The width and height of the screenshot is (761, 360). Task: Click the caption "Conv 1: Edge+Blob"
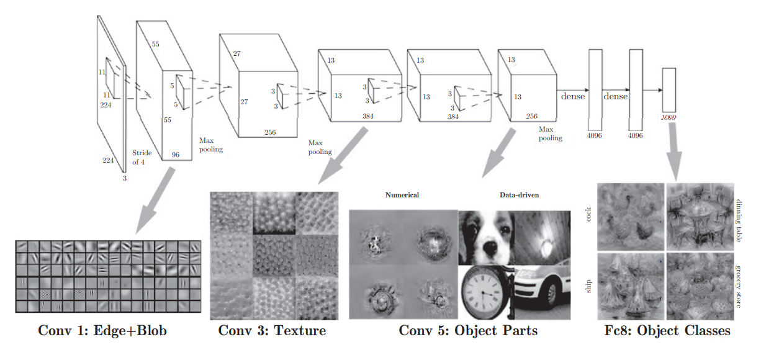(102, 331)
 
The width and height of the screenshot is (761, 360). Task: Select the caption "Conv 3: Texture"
(272, 330)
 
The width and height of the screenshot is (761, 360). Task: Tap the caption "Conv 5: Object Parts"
(468, 330)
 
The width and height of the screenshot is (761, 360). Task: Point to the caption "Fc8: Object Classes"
(667, 330)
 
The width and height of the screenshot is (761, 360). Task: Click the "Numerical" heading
(402, 195)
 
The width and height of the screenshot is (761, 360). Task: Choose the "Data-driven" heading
(519, 195)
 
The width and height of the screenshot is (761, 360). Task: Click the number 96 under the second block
(176, 155)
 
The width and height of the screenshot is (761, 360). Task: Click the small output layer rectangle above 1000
(669, 89)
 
